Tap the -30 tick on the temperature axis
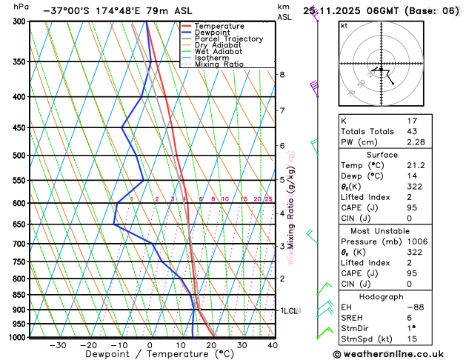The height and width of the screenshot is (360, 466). [57, 345]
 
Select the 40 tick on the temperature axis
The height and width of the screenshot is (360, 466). [273, 345]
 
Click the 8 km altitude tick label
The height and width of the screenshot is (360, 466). [282, 75]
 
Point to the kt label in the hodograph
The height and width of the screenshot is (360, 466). [344, 25]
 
